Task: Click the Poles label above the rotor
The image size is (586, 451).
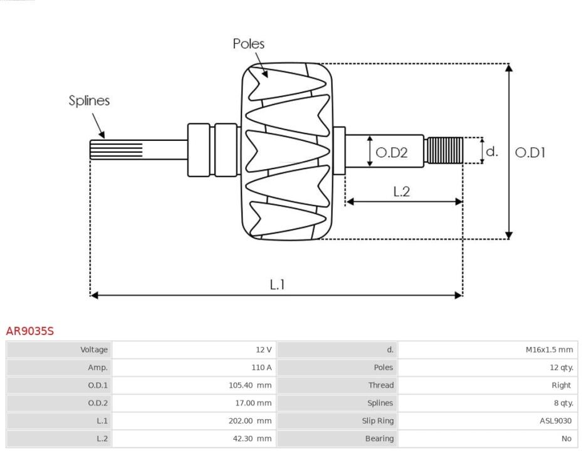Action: coord(249,44)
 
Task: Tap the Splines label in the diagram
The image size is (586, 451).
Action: coord(89,100)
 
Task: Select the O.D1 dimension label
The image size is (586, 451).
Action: coord(530,152)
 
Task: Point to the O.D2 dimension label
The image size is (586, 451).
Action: coord(391,152)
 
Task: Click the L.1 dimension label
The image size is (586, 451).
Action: coord(277,285)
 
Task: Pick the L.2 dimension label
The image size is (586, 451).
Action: coord(402,192)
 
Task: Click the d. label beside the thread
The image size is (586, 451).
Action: coord(492,152)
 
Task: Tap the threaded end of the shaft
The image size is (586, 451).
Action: coord(445,150)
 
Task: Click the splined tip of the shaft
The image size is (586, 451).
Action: coord(116,150)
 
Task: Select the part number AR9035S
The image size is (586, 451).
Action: coord(30,331)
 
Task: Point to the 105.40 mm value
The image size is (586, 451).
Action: coord(250,385)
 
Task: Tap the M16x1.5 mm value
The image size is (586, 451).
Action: coord(549,350)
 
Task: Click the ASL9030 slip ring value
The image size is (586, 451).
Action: coord(556,421)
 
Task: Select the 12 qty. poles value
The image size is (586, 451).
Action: coord(562,368)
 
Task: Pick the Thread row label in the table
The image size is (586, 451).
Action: coord(381,385)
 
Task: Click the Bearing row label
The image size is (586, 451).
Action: coord(379,438)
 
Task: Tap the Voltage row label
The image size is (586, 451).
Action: coord(94,350)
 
